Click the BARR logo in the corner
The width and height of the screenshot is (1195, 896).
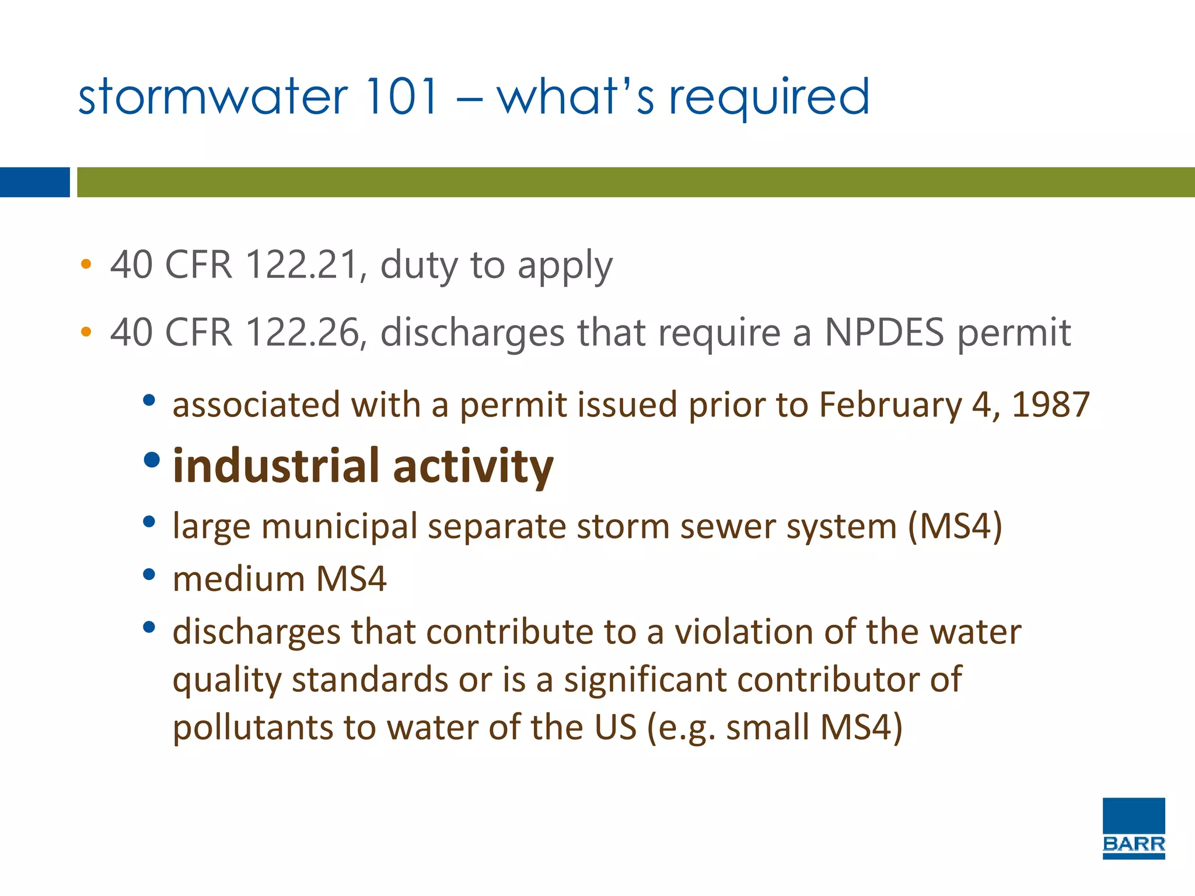coord(1133,828)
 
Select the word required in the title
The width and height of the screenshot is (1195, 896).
coord(769,98)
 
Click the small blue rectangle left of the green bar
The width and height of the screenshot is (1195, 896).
coord(34,182)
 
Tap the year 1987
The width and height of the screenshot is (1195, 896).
coord(1051,404)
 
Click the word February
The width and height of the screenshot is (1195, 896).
coord(890,405)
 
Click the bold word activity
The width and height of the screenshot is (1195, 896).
coord(473,467)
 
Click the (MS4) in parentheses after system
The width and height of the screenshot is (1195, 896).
coord(955,526)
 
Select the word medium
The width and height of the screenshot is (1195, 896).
coord(239,579)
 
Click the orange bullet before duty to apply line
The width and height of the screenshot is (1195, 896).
coord(86,264)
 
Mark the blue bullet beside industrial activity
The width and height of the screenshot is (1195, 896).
coord(152,460)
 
